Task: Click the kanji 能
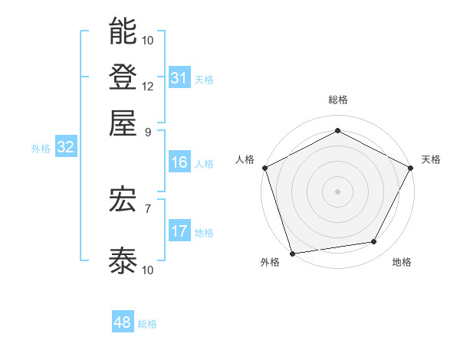(123, 31)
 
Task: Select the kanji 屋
(123, 122)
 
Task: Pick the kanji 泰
(123, 260)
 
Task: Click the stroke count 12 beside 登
(148, 86)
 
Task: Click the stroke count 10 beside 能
(148, 40)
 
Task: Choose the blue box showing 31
(179, 78)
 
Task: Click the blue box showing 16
(179, 162)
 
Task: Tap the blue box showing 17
(179, 231)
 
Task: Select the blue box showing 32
(65, 148)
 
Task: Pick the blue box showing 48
(122, 323)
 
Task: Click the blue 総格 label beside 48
(147, 324)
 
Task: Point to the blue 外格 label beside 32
(41, 149)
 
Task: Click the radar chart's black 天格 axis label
(431, 159)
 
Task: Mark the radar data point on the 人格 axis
(264, 168)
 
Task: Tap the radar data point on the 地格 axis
(374, 242)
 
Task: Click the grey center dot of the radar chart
(337, 191)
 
